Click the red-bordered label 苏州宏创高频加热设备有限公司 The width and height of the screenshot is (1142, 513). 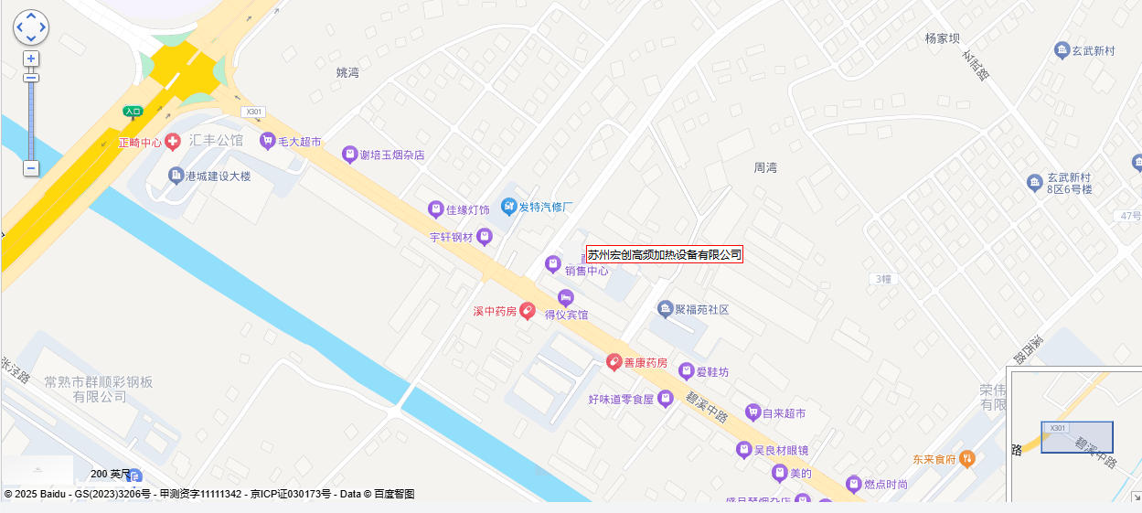(664, 254)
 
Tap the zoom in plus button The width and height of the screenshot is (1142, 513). (31, 59)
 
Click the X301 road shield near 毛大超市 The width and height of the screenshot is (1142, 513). (252, 112)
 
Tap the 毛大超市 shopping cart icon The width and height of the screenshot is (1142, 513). (267, 141)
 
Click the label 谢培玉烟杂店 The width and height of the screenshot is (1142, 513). (392, 155)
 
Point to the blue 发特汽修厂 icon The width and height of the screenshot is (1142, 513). (508, 207)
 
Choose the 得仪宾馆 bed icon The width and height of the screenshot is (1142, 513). (566, 297)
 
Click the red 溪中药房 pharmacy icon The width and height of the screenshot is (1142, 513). (528, 311)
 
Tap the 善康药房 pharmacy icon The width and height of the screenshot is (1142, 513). (614, 362)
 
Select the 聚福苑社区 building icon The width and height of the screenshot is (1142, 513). (665, 309)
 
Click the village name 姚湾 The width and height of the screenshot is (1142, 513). (347, 72)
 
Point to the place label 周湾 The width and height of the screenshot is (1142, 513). (764, 168)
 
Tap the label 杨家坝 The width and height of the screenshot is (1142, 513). (943, 38)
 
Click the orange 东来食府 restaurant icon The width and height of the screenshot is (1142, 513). (967, 458)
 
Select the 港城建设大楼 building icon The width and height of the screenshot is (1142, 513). (176, 175)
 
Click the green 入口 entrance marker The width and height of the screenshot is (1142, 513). (133, 112)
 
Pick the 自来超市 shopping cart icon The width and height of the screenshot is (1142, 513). (752, 412)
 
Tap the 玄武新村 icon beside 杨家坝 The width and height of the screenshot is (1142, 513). (1062, 50)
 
